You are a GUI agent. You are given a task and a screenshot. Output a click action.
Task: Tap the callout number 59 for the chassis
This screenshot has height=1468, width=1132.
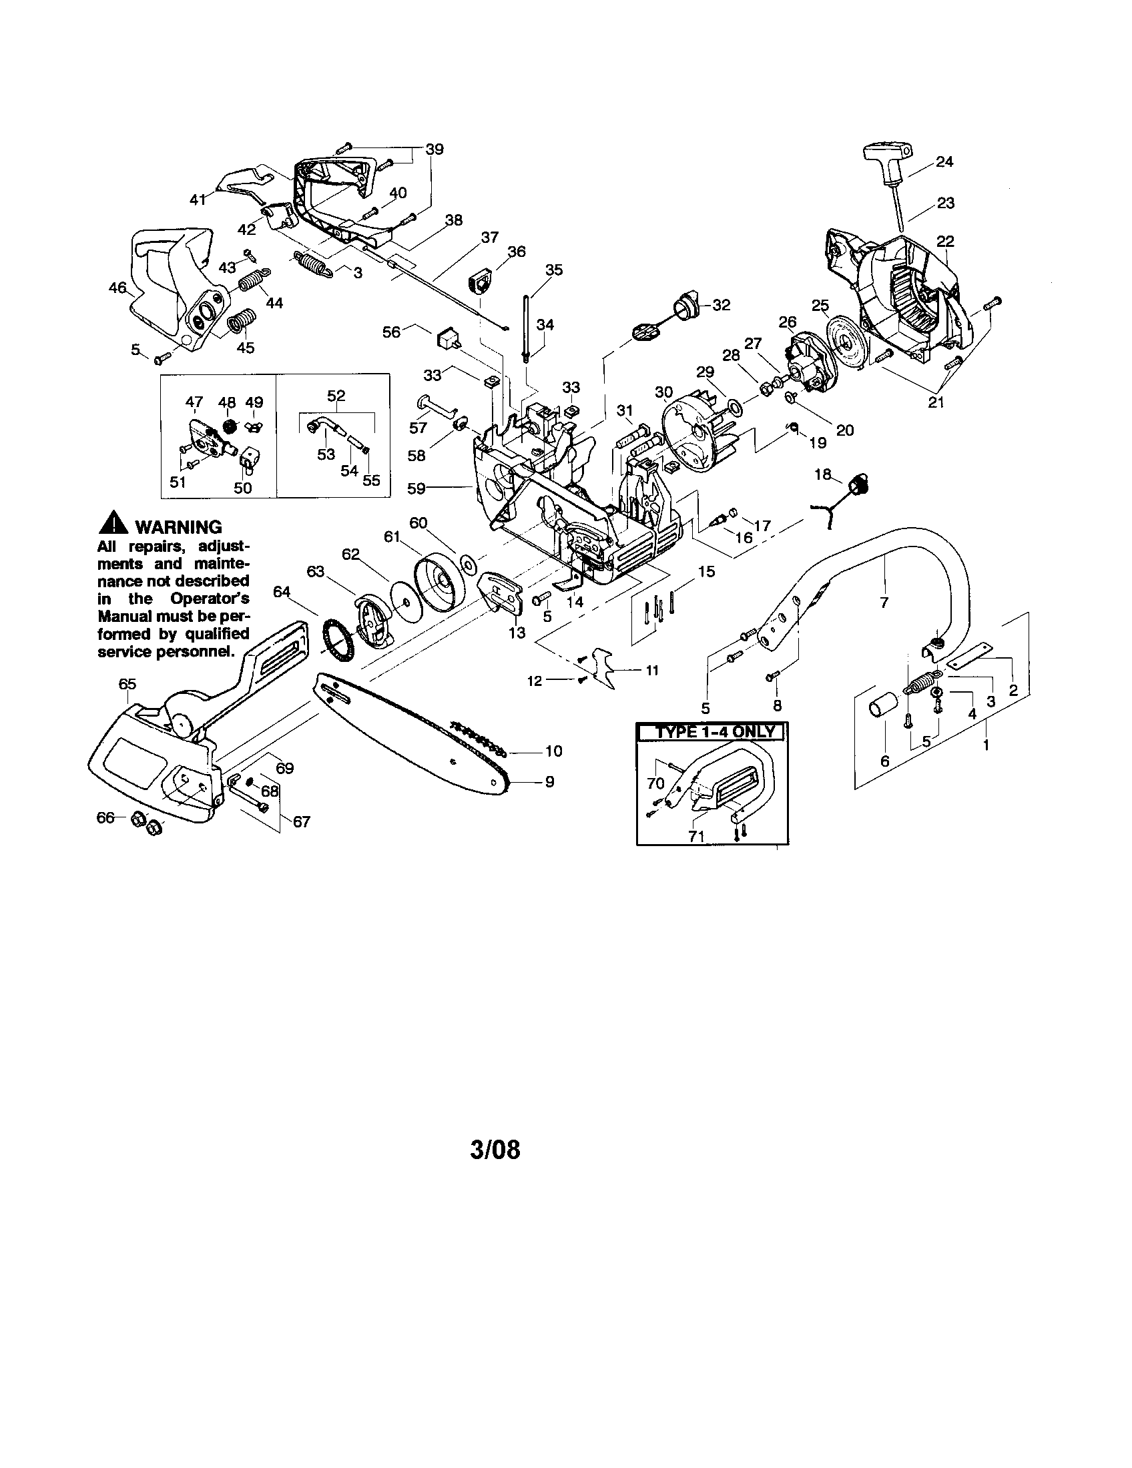coord(416,488)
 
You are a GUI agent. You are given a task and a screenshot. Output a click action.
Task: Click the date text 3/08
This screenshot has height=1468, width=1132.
coord(495,1150)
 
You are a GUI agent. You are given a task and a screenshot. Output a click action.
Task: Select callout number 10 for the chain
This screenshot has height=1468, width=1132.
coord(553,751)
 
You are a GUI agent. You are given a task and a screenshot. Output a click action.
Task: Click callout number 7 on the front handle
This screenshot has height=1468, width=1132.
coord(883,603)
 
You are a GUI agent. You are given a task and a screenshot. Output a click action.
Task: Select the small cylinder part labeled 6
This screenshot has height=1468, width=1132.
coord(882,709)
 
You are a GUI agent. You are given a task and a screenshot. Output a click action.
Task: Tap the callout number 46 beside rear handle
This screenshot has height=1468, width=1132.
coord(117,288)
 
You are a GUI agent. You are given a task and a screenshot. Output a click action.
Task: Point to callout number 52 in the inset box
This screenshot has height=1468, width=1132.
coord(336,396)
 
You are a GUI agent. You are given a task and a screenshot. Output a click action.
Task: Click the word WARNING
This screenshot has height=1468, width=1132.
coord(178,527)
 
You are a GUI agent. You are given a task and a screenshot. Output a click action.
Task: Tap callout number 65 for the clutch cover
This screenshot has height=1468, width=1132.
coord(127,683)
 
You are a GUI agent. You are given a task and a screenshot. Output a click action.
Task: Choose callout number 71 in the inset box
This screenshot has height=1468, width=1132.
coord(697,836)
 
